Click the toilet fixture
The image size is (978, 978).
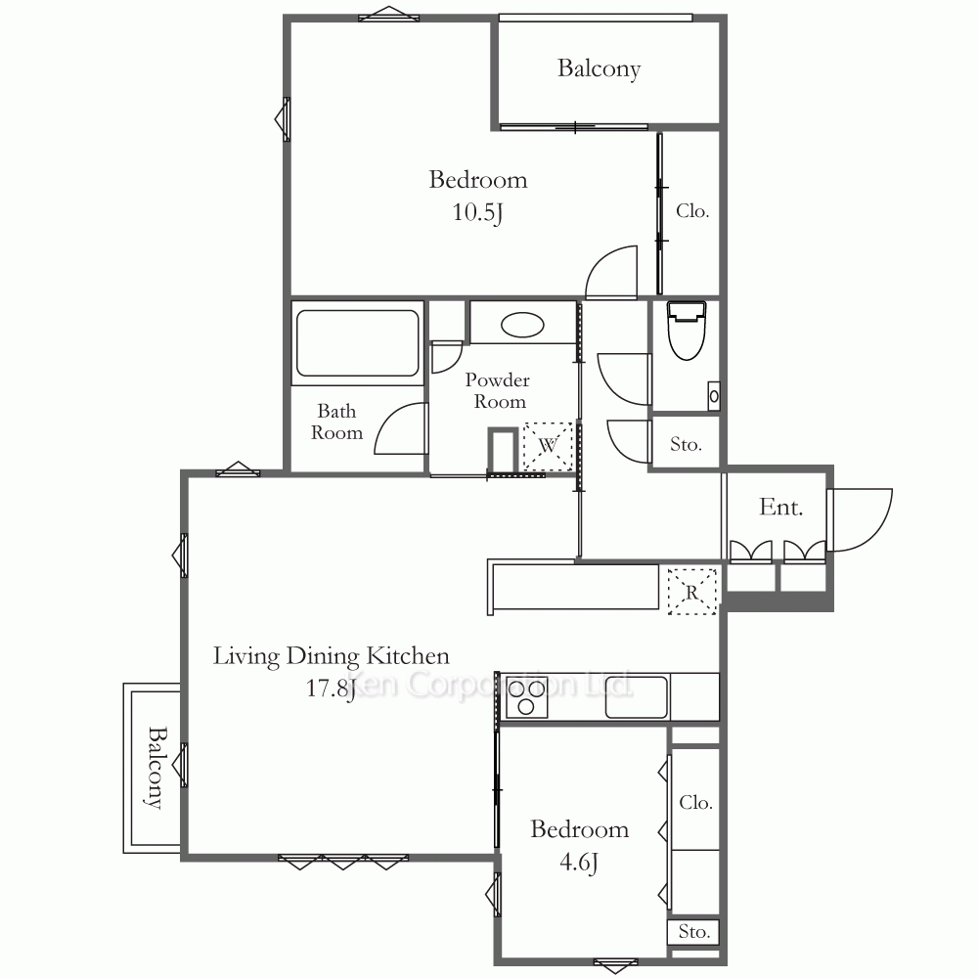pyautogui.click(x=687, y=332)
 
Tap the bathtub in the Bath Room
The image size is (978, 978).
pyautogui.click(x=357, y=343)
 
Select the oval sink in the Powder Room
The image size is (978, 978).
pyautogui.click(x=522, y=325)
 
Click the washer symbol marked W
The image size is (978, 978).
pyautogui.click(x=548, y=445)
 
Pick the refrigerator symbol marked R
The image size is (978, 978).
pyautogui.click(x=692, y=592)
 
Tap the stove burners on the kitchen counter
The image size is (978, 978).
pyautogui.click(x=526, y=696)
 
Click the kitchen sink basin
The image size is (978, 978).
pyautogui.click(x=637, y=696)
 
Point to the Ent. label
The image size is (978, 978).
pyautogui.click(x=780, y=507)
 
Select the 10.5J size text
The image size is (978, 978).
pyautogui.click(x=478, y=212)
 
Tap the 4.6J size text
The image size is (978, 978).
pyautogui.click(x=579, y=862)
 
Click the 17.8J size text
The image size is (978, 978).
pyautogui.click(x=331, y=688)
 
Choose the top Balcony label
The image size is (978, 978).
pyautogui.click(x=599, y=68)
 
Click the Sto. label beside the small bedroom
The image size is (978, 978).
pyautogui.click(x=693, y=931)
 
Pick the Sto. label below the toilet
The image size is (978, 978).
pyautogui.click(x=686, y=444)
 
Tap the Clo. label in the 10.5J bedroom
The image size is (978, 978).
pyautogui.click(x=692, y=211)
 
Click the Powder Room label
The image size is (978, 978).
pyautogui.click(x=498, y=390)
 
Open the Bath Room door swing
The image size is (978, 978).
pyautogui.click(x=401, y=428)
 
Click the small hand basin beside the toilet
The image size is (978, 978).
pyautogui.click(x=714, y=396)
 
